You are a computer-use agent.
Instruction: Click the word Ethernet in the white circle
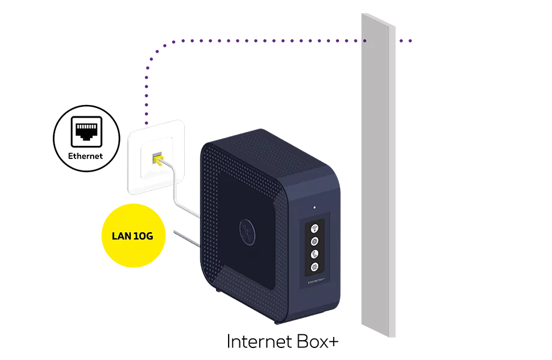85,156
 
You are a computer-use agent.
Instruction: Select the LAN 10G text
132,236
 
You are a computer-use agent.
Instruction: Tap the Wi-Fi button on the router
314,228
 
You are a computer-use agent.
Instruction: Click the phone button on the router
314,253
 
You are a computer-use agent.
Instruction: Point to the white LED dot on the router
314,208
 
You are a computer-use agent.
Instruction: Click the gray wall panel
378,180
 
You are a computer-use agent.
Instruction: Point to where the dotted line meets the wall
364,41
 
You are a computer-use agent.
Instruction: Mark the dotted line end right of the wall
411,41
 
